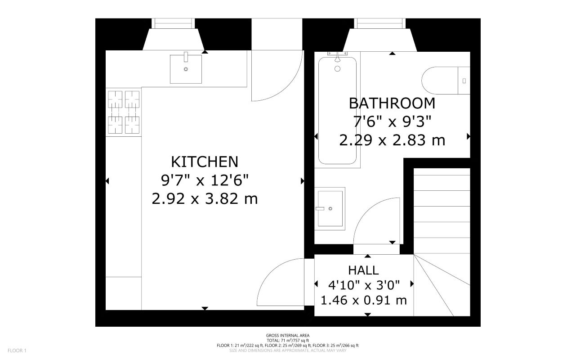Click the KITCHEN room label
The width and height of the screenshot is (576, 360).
click(x=205, y=162)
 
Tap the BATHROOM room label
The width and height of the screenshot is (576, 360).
click(x=392, y=103)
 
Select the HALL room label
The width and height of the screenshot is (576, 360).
click(x=363, y=270)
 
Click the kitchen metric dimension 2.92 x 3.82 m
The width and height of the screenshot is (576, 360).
click(x=205, y=198)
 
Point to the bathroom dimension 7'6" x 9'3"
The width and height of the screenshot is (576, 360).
click(x=392, y=121)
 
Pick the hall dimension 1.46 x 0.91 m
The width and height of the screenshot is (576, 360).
click(x=363, y=300)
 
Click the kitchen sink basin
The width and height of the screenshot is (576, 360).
click(x=186, y=69)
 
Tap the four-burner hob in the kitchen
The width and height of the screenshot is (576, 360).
click(x=124, y=112)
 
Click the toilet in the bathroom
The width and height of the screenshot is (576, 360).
click(x=445, y=81)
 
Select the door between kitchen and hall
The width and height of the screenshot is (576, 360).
click(x=281, y=281)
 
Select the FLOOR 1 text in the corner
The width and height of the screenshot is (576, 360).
click(x=18, y=350)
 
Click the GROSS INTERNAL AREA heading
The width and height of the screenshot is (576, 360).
click(x=288, y=335)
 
